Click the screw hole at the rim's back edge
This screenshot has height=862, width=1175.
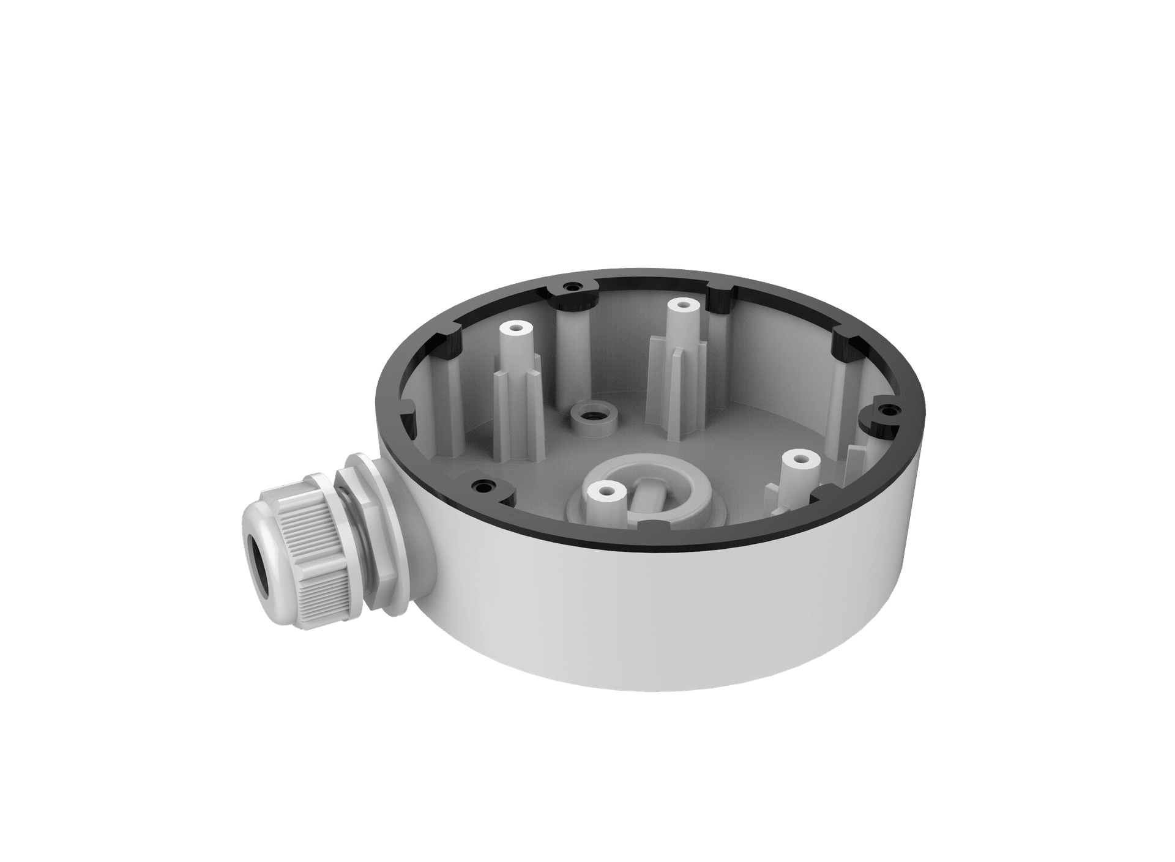click(x=573, y=286)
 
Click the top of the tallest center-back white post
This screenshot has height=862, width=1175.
click(x=679, y=304)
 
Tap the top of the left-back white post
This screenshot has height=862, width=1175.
click(x=515, y=329)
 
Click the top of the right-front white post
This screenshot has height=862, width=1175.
click(x=800, y=457)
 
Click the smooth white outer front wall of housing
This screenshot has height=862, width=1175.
click(x=704, y=624)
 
